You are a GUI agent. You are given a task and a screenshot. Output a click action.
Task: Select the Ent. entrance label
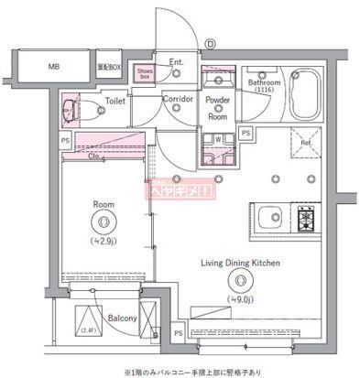[x=177, y=62]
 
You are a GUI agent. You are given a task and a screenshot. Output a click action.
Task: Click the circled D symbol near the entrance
[x=210, y=41]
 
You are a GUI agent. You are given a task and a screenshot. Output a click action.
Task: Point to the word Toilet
[x=115, y=102]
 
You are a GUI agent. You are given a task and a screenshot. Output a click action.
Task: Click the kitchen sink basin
[x=270, y=218]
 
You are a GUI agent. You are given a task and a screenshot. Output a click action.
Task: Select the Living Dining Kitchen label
[x=240, y=263]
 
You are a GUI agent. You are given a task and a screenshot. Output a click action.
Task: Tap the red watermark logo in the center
[x=180, y=190]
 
